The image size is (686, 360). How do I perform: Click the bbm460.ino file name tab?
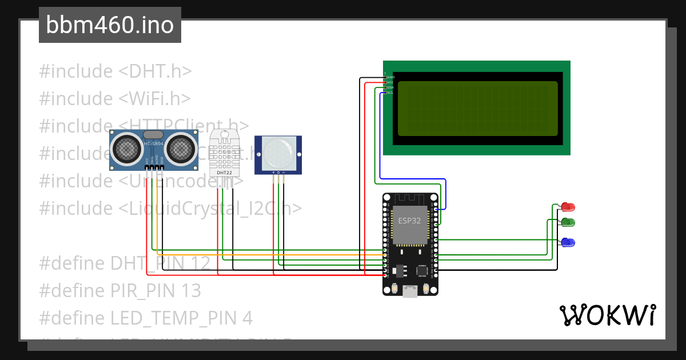(x=110, y=25)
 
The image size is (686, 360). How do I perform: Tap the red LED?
(x=568, y=206)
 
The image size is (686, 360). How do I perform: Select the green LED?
(x=568, y=222)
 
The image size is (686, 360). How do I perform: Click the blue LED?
(x=568, y=242)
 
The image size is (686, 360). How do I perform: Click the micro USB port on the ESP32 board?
(x=409, y=291)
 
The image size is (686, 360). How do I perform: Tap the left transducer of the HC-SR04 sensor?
(x=125, y=148)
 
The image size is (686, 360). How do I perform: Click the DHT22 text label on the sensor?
(x=224, y=172)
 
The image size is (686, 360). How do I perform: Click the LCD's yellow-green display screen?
(x=477, y=108)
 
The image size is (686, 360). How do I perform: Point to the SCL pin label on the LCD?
(x=390, y=93)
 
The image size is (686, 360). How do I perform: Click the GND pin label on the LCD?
(x=391, y=77)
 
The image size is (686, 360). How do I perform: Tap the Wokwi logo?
(x=608, y=315)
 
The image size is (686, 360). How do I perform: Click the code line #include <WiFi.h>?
(x=114, y=99)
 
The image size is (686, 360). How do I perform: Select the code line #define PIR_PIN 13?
(x=120, y=291)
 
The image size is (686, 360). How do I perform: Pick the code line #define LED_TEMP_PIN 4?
(x=146, y=318)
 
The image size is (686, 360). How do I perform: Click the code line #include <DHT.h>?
(x=115, y=71)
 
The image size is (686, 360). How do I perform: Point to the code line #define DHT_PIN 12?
(x=125, y=263)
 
